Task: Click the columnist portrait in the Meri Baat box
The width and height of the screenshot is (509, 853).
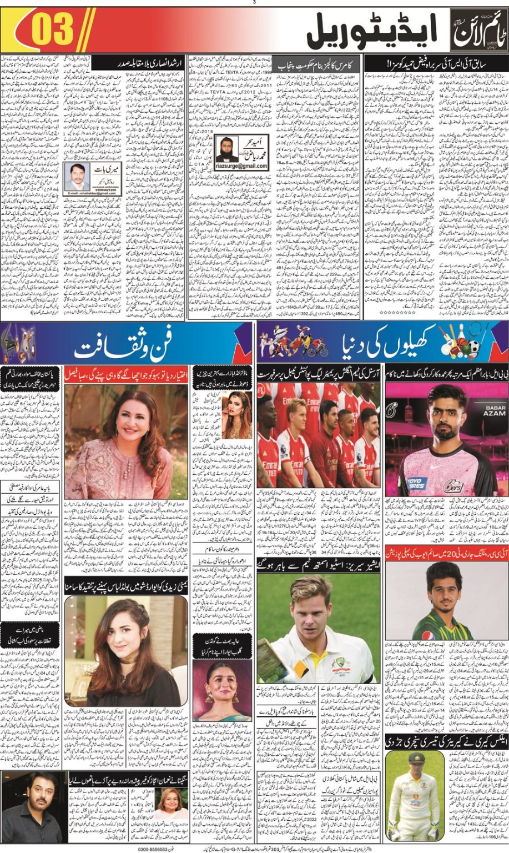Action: pyautogui.click(x=77, y=177)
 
